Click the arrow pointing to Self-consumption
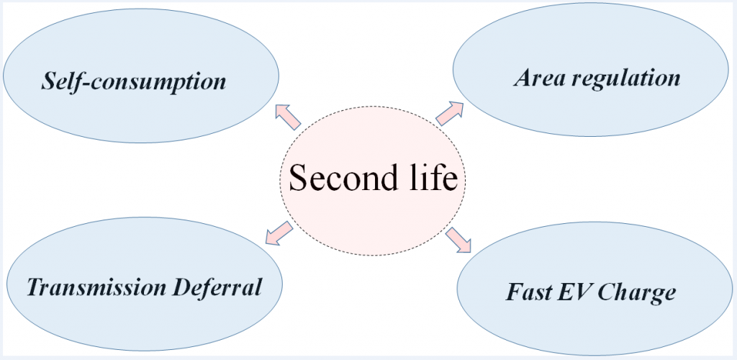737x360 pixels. coord(287,117)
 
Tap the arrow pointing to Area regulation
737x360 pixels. coord(450,113)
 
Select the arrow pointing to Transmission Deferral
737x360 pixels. coord(279,233)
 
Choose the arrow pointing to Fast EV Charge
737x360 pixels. coord(458,240)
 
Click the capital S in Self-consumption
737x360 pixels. coord(49,81)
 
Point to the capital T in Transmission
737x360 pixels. coord(36,287)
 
